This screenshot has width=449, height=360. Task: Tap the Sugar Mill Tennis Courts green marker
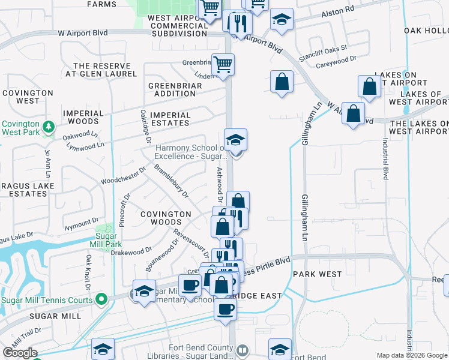pos(103,298)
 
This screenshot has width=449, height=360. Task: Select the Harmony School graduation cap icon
pos(236,140)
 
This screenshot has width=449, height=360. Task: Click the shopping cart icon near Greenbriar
pos(223,64)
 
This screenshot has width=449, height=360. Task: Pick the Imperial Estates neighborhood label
pos(170,119)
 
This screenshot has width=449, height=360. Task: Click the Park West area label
pos(317,274)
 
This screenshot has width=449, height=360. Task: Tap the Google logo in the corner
pos(20,353)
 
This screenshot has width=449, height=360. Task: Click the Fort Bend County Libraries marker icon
pos(242,350)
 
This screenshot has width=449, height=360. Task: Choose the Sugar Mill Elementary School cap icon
pos(144,292)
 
